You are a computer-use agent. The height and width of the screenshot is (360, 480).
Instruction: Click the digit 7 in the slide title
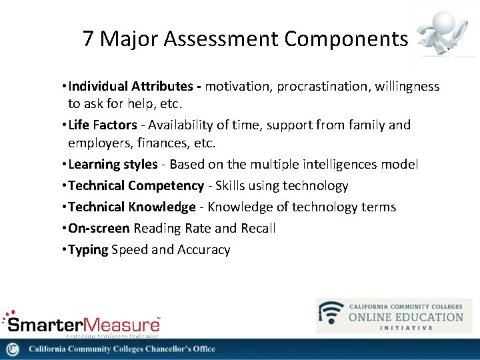tap(89, 39)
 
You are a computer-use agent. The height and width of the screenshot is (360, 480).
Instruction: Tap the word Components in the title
tap(345, 39)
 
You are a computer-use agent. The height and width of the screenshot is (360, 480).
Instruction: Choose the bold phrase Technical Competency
tap(136, 185)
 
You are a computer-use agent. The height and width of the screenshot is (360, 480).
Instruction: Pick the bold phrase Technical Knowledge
tap(132, 207)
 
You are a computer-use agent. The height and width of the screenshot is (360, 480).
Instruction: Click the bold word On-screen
tap(99, 228)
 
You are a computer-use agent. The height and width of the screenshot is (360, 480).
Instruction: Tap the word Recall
tap(257, 228)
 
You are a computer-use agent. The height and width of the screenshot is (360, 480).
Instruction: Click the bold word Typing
tap(88, 249)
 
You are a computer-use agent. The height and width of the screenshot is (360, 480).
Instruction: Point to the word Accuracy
tap(203, 249)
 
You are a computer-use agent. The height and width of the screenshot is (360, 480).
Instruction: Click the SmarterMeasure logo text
tap(83, 324)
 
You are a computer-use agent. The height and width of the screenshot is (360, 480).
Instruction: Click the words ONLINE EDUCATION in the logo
tap(405, 317)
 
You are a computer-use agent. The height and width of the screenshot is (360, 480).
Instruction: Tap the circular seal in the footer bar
tap(13, 349)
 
